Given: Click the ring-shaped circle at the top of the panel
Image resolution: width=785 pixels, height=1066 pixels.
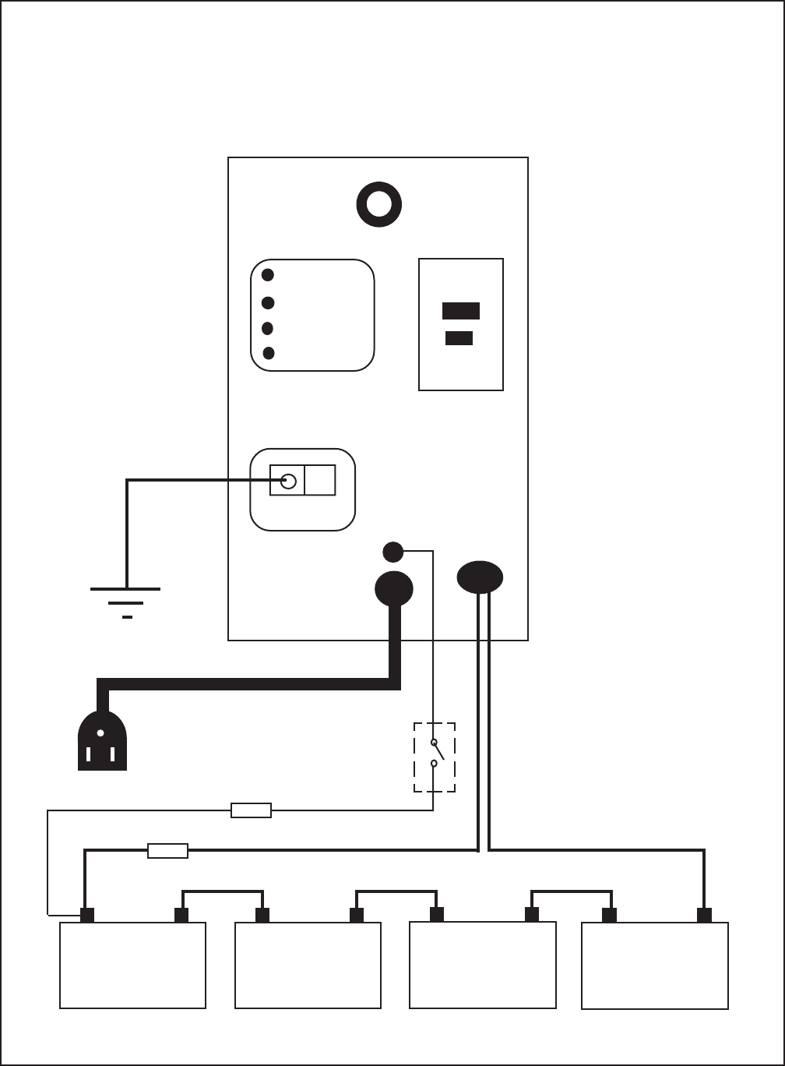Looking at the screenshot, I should pos(378,205).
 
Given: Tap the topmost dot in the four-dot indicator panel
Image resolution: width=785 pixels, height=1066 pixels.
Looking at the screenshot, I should pos(268,274).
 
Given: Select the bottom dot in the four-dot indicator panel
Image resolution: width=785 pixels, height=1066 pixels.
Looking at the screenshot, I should pos(268,353).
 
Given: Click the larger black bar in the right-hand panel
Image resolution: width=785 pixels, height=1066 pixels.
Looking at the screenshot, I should pos(460,311).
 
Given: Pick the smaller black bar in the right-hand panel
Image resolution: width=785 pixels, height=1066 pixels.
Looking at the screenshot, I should pos(459,338).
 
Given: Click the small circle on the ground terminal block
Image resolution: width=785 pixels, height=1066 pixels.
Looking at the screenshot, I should pos(288,481).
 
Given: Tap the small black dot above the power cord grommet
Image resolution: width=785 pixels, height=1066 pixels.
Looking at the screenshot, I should pos(393,552).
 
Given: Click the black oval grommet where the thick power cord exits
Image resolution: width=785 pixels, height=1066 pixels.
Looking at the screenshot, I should pos(394,589).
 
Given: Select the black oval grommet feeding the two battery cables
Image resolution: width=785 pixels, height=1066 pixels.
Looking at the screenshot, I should pos(480,577).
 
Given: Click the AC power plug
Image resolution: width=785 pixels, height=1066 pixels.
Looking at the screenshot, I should pos(102,741).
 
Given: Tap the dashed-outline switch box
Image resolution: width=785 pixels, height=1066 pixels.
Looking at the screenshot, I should pos(434,757).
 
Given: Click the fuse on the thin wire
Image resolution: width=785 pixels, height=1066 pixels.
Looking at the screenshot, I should pos(251,811).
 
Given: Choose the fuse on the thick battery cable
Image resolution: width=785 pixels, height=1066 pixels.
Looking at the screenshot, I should pos(167,851).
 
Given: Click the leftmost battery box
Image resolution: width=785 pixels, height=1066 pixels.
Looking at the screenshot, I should pos(132,965).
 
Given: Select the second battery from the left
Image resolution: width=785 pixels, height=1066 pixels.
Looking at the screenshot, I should pos(308,965).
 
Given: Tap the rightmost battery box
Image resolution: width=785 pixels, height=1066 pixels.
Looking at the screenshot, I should pos(655,965).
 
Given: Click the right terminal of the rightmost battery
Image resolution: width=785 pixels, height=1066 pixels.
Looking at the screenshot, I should pos(704,915).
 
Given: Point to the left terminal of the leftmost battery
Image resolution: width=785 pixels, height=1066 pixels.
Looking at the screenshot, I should pos(87,915).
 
